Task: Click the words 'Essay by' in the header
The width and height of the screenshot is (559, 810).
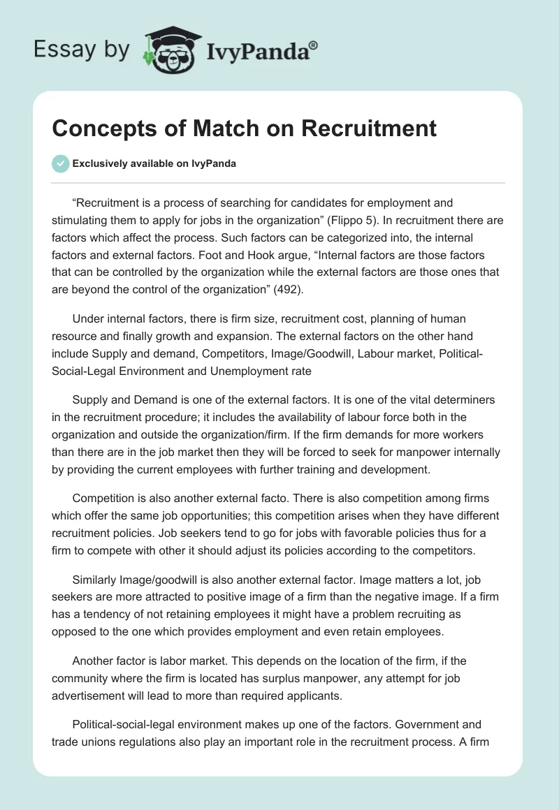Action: pyautogui.click(x=80, y=49)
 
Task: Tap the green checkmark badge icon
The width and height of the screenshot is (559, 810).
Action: pyautogui.click(x=61, y=163)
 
